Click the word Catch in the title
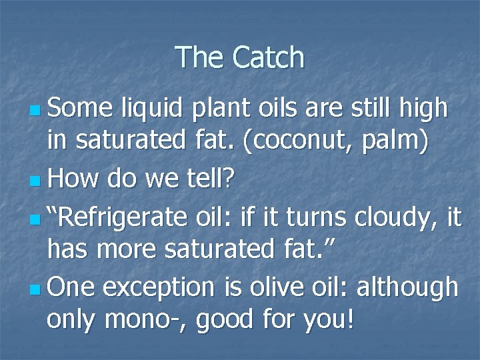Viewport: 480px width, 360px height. (x=269, y=58)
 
